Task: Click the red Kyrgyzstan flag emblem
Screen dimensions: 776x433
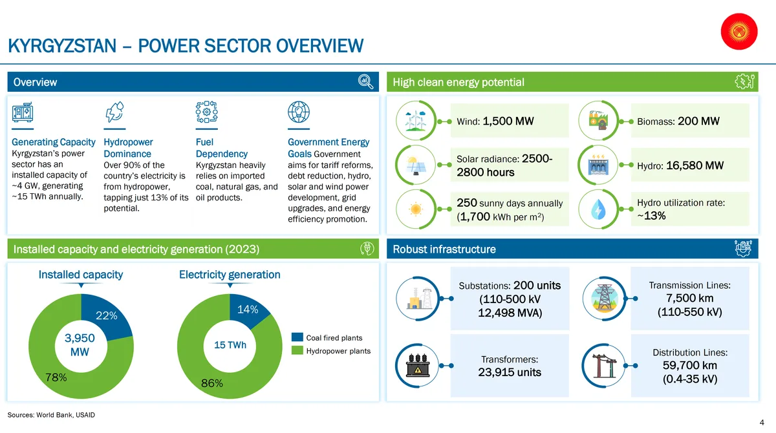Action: click(739, 32)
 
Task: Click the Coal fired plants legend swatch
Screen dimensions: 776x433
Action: click(297, 337)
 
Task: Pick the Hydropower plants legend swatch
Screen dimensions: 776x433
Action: click(297, 351)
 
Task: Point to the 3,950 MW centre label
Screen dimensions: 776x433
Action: click(80, 344)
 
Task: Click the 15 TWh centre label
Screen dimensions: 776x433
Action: click(230, 344)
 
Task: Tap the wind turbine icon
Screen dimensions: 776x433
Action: click(416, 121)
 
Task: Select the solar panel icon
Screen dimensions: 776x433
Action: click(416, 165)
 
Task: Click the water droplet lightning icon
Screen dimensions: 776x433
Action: click(598, 209)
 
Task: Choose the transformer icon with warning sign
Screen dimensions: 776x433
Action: click(418, 366)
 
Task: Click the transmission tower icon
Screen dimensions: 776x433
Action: click(604, 298)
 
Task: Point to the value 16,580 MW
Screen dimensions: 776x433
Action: click(695, 165)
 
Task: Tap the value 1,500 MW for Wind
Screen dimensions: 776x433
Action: click(508, 121)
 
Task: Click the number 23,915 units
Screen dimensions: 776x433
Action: click(510, 372)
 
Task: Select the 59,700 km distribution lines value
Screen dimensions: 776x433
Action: click(690, 366)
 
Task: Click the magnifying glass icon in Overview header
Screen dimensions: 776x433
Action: click(365, 81)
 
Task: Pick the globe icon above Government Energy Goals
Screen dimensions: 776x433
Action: click(299, 112)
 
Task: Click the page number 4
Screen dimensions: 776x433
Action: click(762, 423)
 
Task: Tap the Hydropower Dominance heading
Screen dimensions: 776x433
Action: click(128, 148)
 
